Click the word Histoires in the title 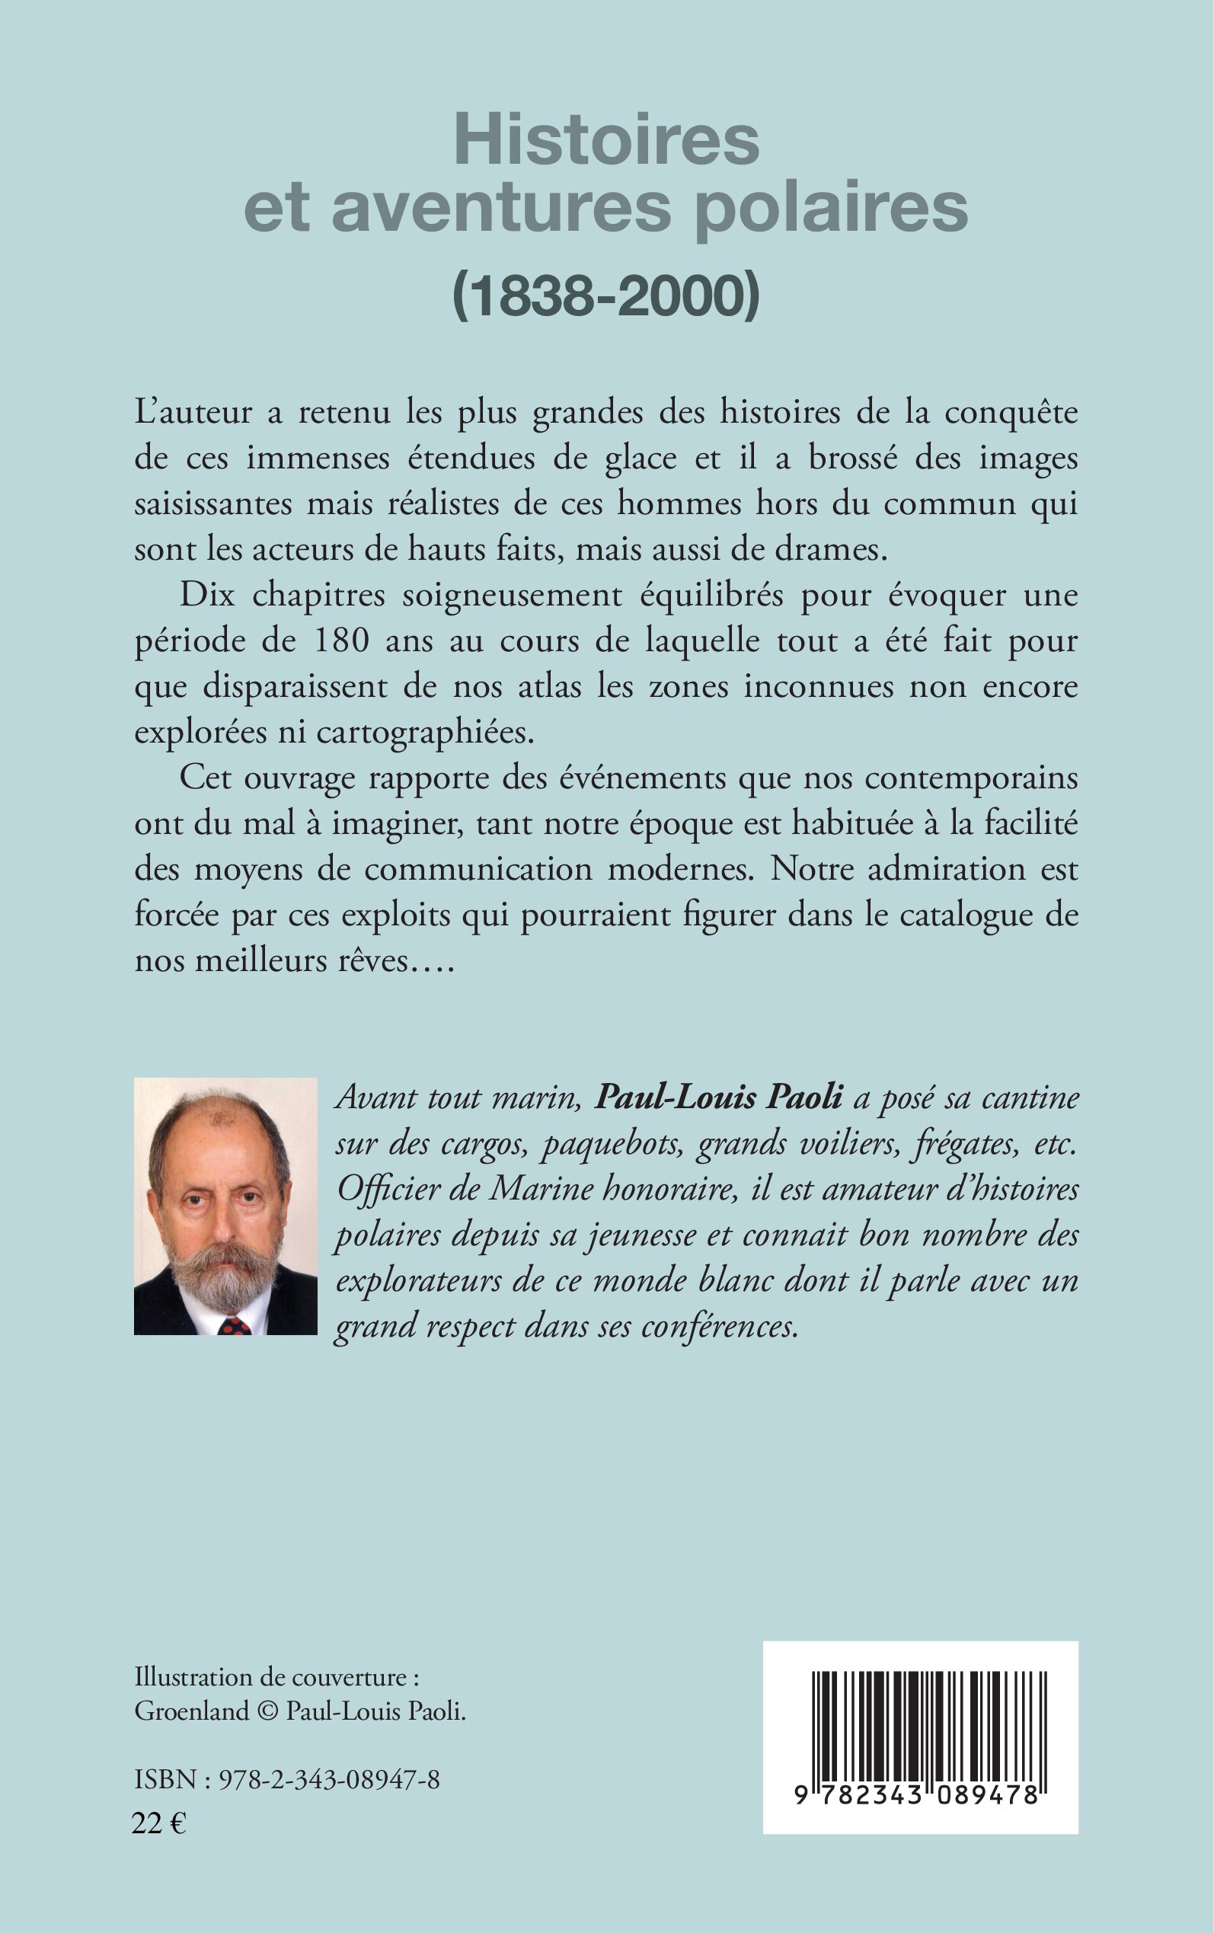pyautogui.click(x=606, y=140)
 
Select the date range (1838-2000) pyautogui.click(x=606, y=296)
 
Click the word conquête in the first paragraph pyautogui.click(x=1010, y=413)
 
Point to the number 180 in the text pyautogui.click(x=341, y=641)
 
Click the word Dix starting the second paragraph pyautogui.click(x=206, y=595)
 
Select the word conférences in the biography pyautogui.click(x=720, y=1326)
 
